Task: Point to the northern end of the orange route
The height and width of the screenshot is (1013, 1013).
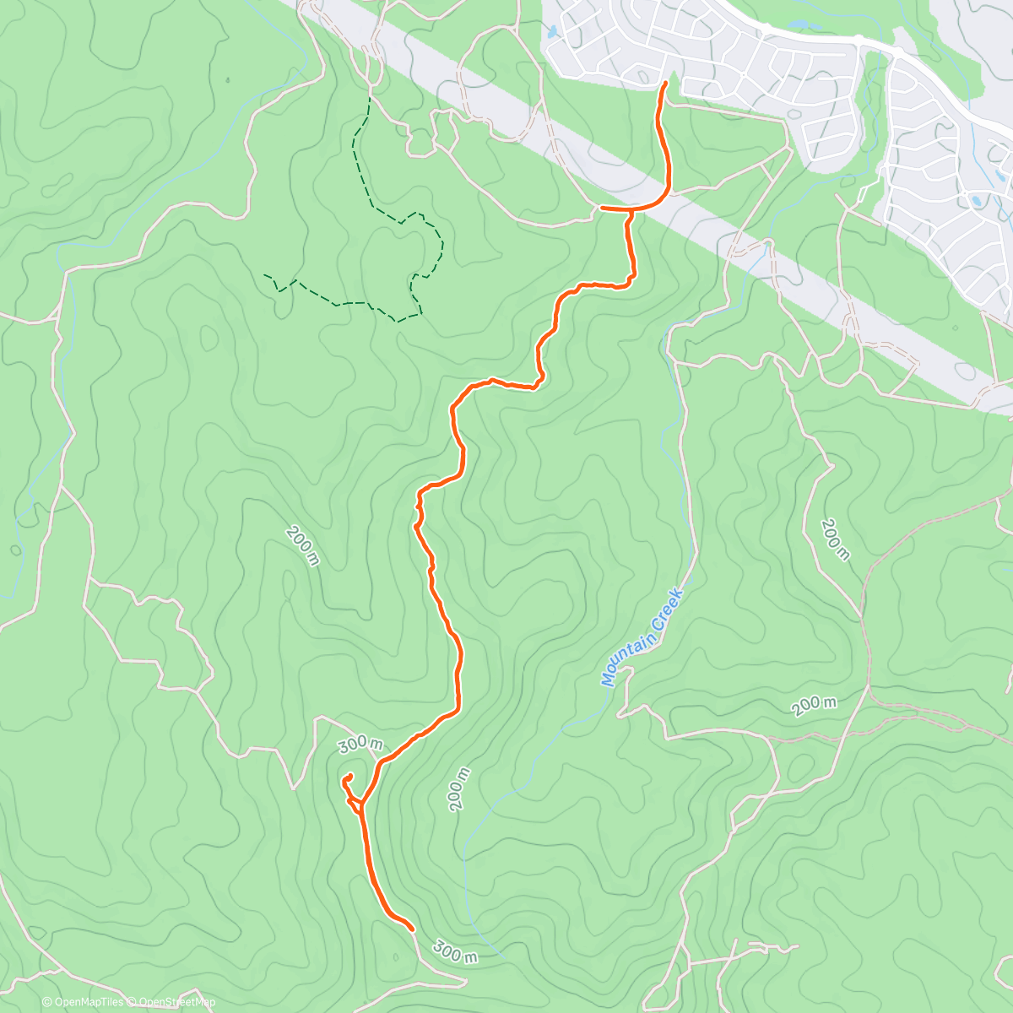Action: click(x=666, y=83)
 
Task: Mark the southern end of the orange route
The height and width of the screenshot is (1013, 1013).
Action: click(x=411, y=929)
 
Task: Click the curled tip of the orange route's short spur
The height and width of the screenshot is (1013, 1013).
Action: click(x=349, y=775)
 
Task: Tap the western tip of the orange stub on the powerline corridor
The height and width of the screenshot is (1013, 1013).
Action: click(x=601, y=206)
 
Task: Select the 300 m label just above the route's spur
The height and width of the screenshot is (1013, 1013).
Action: click(x=360, y=744)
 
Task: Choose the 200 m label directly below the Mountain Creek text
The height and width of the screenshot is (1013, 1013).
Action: click(x=814, y=706)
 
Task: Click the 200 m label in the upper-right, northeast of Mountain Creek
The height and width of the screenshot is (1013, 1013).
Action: click(x=834, y=539)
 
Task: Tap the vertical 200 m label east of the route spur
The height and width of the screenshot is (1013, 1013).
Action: click(x=458, y=789)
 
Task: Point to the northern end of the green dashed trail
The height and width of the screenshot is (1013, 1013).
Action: click(x=370, y=99)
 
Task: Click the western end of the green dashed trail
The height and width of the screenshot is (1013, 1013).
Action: click(x=265, y=275)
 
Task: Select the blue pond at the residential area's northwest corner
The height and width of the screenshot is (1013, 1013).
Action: click(x=552, y=33)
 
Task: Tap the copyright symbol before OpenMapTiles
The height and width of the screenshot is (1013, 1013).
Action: click(x=46, y=1002)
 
